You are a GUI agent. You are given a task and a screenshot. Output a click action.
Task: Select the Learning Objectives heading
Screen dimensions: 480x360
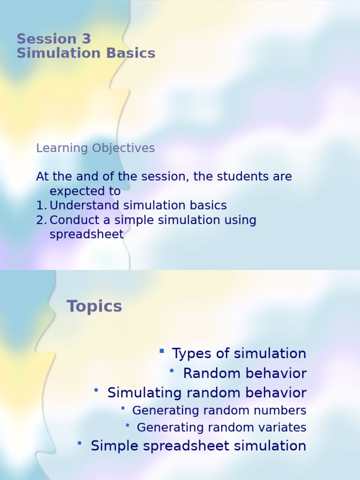[95, 148]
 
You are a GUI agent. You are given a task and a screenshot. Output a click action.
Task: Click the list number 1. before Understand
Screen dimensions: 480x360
[41, 205]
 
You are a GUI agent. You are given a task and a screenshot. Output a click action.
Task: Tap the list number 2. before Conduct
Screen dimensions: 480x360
[41, 220]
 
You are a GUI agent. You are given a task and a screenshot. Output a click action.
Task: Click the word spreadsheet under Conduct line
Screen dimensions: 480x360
[86, 234]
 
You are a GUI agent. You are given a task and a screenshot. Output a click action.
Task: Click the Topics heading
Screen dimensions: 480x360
[94, 307]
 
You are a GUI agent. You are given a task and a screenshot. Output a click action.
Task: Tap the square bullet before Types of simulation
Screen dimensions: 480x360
[162, 351]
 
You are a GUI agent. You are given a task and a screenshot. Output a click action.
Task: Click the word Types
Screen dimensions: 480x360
[192, 353]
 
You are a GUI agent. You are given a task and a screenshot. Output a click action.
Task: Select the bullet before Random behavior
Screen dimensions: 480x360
[172, 371]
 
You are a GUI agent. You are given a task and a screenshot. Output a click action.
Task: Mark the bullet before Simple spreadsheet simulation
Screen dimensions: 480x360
[80, 442]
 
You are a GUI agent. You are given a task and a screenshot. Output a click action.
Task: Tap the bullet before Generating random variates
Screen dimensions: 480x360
[127, 425]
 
